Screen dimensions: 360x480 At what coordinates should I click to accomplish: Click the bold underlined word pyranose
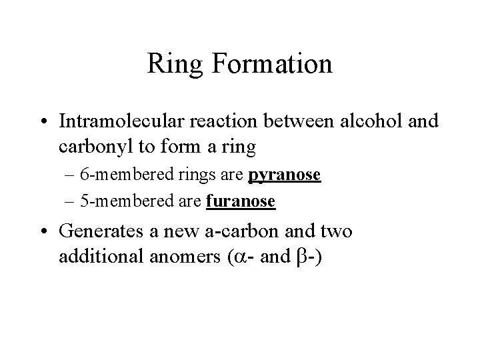click(285, 176)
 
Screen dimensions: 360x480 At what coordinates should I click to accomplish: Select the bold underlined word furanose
click(241, 201)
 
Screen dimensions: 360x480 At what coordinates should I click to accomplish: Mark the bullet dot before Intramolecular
click(45, 123)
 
